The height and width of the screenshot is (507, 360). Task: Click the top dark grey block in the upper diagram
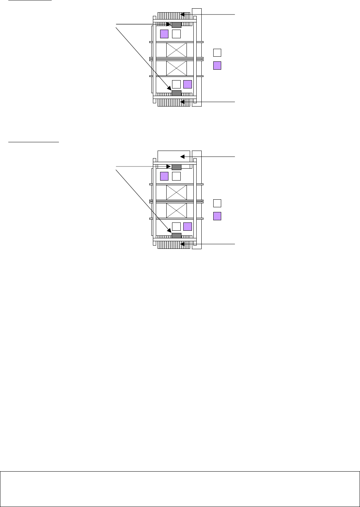176,25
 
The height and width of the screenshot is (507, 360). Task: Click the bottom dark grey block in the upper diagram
176,93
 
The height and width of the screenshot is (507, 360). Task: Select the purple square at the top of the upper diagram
164,34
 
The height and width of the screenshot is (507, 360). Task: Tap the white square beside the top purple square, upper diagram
176,34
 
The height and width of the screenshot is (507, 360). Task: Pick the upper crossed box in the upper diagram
176,50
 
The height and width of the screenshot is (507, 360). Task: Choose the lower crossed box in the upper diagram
176,68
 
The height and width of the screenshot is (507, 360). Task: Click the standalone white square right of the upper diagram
217,53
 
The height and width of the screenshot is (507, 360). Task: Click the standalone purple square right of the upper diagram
217,66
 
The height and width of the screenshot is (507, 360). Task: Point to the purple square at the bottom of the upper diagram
188,84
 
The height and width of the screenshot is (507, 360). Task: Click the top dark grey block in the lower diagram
176,167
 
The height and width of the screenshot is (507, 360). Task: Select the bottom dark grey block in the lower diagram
176,235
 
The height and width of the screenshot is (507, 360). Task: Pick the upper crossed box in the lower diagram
176,192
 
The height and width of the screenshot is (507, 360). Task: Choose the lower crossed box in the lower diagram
176,210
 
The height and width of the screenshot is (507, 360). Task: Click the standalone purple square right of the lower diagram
217,216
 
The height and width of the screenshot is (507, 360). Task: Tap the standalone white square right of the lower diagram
217,203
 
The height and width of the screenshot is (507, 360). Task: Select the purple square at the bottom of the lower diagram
188,227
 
